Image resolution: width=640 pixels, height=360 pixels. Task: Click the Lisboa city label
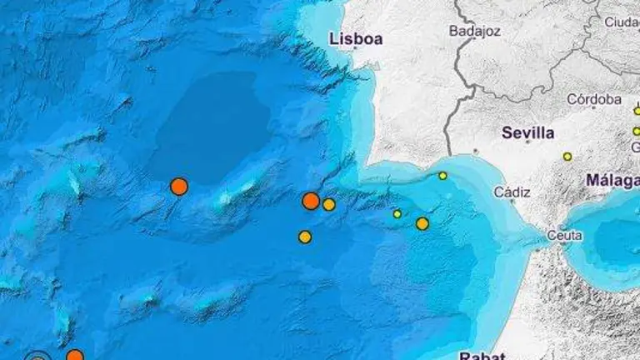pyautogui.click(x=356, y=38)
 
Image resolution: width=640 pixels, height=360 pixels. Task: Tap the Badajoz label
pyautogui.click(x=473, y=32)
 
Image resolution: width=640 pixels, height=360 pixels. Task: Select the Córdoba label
pyautogui.click(x=594, y=99)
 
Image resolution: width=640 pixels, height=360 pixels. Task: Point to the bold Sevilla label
pyautogui.click(x=528, y=132)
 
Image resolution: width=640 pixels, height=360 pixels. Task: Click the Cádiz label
pyautogui.click(x=512, y=192)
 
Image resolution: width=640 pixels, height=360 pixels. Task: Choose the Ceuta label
pyautogui.click(x=564, y=236)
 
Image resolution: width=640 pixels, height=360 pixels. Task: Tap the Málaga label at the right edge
pyautogui.click(x=612, y=180)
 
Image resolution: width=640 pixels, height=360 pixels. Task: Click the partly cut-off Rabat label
pyautogui.click(x=482, y=355)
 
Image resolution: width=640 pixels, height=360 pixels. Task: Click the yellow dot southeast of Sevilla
pyautogui.click(x=567, y=157)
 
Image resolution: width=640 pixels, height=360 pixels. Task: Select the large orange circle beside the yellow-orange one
pyautogui.click(x=311, y=201)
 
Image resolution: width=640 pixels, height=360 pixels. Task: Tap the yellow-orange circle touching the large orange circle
pyautogui.click(x=329, y=204)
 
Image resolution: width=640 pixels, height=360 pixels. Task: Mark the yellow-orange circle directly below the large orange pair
pyautogui.click(x=305, y=237)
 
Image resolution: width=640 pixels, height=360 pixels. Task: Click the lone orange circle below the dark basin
pyautogui.click(x=178, y=187)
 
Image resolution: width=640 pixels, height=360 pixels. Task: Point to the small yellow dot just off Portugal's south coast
pyautogui.click(x=442, y=175)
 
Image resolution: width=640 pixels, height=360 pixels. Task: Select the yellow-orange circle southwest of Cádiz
pyautogui.click(x=422, y=223)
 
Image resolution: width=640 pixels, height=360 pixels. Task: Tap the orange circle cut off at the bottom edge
pyautogui.click(x=74, y=356)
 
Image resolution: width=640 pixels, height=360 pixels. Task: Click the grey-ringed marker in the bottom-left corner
pyautogui.click(x=37, y=357)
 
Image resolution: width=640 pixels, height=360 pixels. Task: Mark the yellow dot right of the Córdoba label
pyautogui.click(x=637, y=110)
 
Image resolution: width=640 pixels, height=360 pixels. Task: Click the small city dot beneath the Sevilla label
pyautogui.click(x=527, y=142)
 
